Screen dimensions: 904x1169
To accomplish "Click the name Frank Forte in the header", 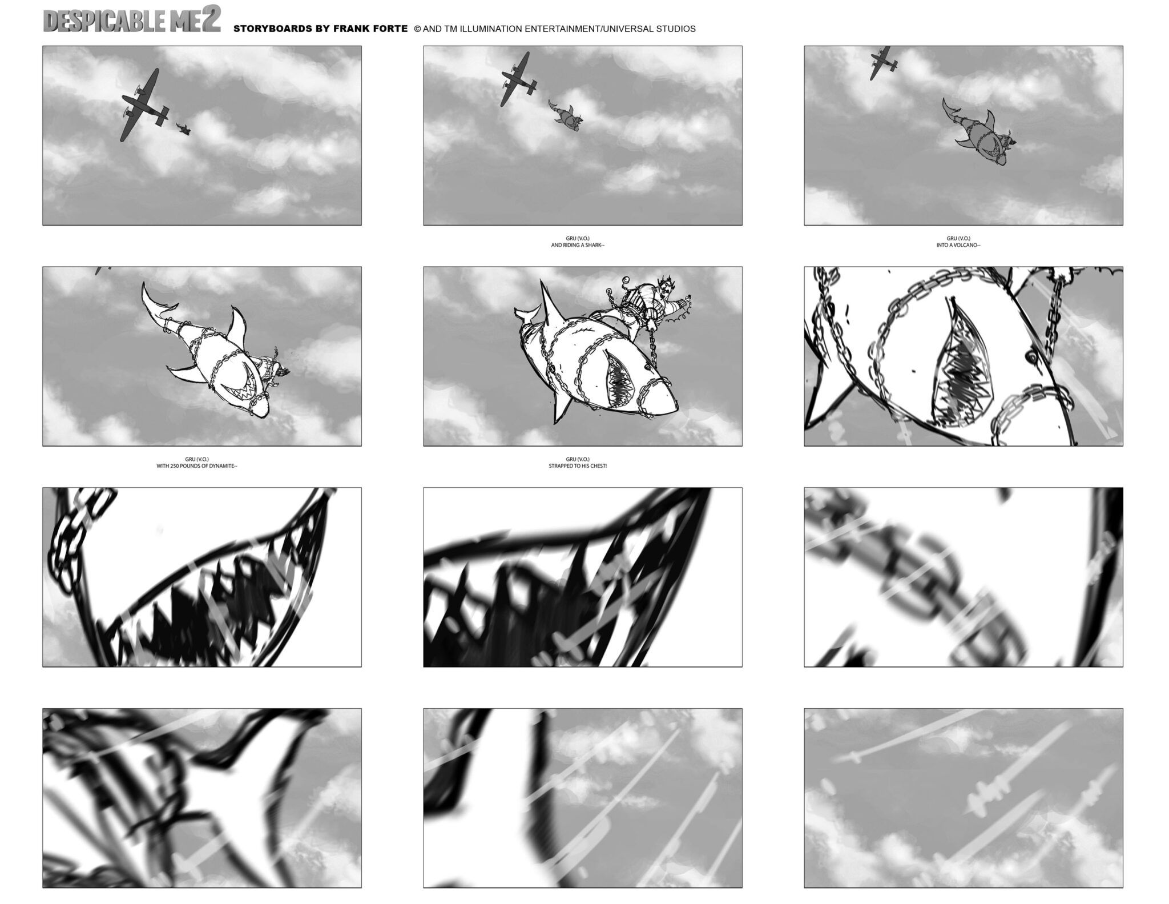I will pos(373,29).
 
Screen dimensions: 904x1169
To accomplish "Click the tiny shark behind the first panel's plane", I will pos(184,129).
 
